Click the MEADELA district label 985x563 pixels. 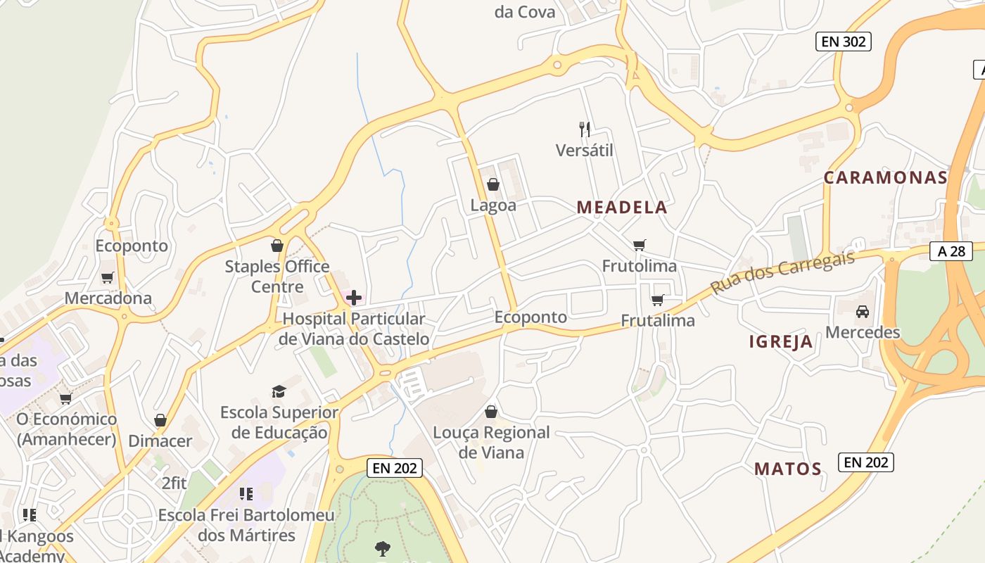[x=622, y=207]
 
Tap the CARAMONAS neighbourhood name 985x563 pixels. [x=886, y=177]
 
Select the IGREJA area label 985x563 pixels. [x=781, y=342]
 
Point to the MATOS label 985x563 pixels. [x=788, y=469]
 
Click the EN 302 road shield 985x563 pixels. [x=844, y=42]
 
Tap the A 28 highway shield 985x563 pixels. [x=951, y=251]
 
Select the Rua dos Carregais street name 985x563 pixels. [x=782, y=272]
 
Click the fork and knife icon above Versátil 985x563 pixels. [x=584, y=129]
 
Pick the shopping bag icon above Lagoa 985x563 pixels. [x=493, y=184]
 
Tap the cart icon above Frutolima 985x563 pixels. [x=639, y=245]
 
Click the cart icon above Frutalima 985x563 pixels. [x=657, y=300]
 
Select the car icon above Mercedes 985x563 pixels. [x=862, y=311]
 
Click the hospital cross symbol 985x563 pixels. [x=354, y=298]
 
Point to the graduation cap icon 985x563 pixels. [x=279, y=391]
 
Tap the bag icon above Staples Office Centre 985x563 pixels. [x=277, y=246]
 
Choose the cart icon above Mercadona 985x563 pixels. [x=107, y=277]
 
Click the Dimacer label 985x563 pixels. [x=160, y=441]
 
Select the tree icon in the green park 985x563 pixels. [x=383, y=548]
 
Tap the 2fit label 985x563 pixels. [x=174, y=483]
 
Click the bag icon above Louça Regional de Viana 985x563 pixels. [x=491, y=412]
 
